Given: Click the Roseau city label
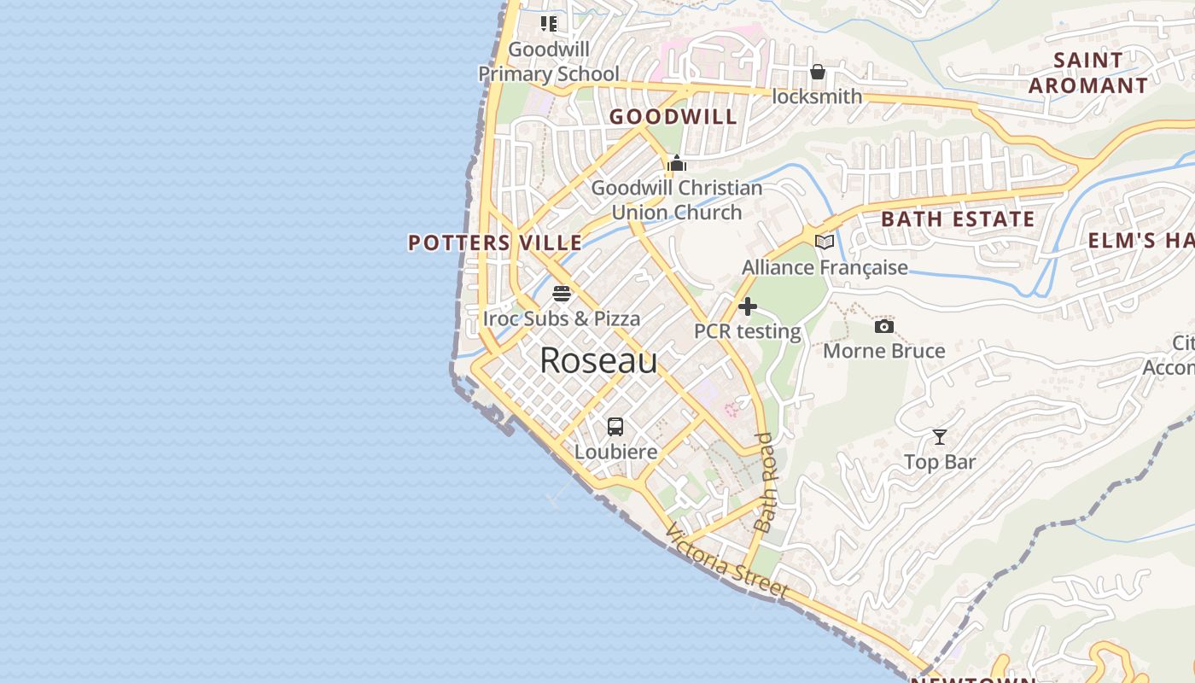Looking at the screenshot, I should point(598,361).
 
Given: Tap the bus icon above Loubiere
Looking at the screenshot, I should point(615,427).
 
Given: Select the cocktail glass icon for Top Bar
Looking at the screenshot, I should point(939,437).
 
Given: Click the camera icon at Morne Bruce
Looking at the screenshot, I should point(883,326).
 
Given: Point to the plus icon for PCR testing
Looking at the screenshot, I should point(748,306).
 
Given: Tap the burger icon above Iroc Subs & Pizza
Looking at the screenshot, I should point(562,294).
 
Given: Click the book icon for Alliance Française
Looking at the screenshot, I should point(824,242).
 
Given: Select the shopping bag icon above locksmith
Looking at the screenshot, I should point(817,72).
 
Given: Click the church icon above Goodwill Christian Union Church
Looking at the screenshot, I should point(677,163).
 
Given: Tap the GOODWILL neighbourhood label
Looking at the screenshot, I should point(673,117).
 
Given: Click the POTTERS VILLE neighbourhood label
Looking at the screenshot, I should point(495,243).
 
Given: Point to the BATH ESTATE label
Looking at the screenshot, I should point(958,219).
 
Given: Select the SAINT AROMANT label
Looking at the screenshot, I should point(1087,73).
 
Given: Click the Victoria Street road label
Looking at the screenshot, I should point(727,561).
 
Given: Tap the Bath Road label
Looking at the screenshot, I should point(766,482).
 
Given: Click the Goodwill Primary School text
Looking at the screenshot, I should point(549,61).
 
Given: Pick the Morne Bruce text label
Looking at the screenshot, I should point(883,351).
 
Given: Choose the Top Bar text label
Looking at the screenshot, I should point(939,462).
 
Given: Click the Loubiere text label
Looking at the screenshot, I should point(615,452).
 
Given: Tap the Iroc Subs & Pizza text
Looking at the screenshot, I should point(562,318).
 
